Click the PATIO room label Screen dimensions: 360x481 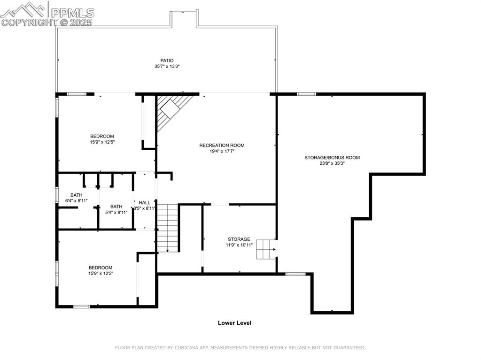167,61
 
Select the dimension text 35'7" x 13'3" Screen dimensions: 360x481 167,67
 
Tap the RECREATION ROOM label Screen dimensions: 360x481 222,146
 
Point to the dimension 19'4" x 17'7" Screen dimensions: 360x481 222,151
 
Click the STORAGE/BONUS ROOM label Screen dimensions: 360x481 332,158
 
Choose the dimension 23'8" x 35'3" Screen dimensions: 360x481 332,163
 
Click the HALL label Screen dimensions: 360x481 145,202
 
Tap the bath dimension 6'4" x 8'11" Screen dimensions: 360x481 77,201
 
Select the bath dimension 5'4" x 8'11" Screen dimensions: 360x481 116,212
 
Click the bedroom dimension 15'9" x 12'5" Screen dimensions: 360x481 102,142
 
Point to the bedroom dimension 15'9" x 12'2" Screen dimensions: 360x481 101,273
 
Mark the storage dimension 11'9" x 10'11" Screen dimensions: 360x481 239,245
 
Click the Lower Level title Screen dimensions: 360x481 234,323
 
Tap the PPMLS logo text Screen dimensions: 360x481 72,13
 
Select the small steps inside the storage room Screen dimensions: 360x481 266,249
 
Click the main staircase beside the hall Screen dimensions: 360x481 168,228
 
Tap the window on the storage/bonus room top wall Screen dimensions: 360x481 306,94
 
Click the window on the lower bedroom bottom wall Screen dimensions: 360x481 81,306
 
